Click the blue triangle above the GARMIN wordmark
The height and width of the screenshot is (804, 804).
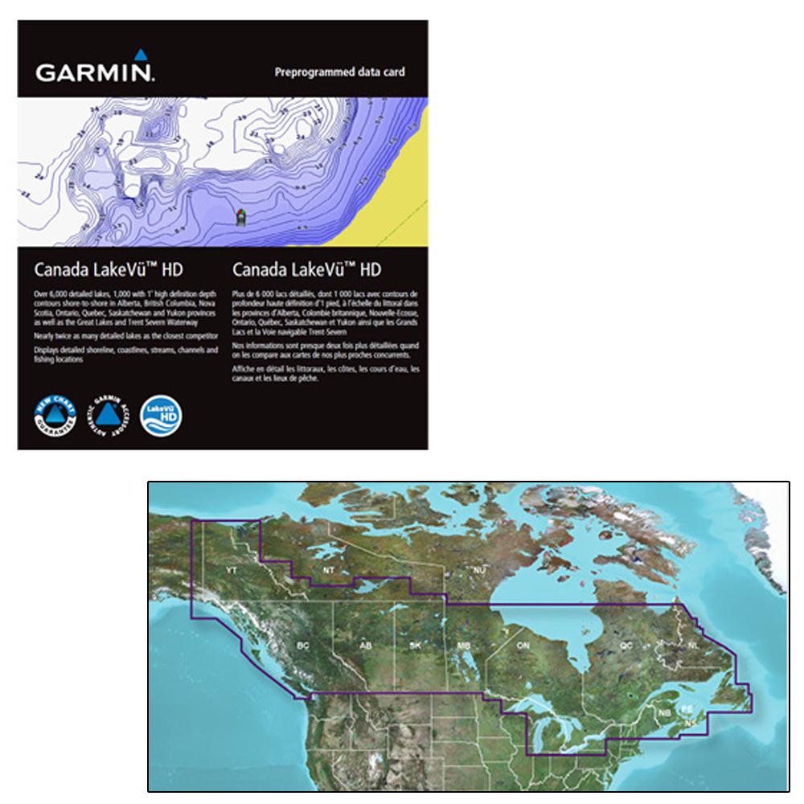[x=140, y=55]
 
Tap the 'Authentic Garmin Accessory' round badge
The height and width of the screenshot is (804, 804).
[x=107, y=415]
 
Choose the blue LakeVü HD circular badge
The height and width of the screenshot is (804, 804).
[x=161, y=415]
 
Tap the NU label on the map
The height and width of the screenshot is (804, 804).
[x=480, y=570]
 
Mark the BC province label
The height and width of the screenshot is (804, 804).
[x=303, y=646]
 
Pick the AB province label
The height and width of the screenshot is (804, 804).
[x=366, y=646]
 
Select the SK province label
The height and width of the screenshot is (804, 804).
[x=415, y=646]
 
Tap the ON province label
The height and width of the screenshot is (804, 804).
[x=523, y=646]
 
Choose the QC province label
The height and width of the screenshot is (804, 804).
[x=626, y=645]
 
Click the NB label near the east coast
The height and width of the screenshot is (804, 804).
[x=664, y=712]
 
